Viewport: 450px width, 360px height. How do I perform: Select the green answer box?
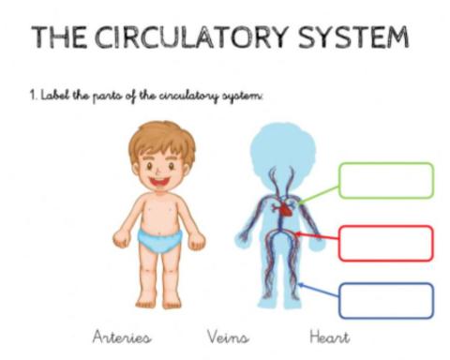(385, 180)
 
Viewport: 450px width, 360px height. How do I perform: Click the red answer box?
(385, 242)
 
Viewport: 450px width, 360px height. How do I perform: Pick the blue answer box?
(385, 301)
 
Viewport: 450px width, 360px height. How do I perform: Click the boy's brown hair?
(159, 139)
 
